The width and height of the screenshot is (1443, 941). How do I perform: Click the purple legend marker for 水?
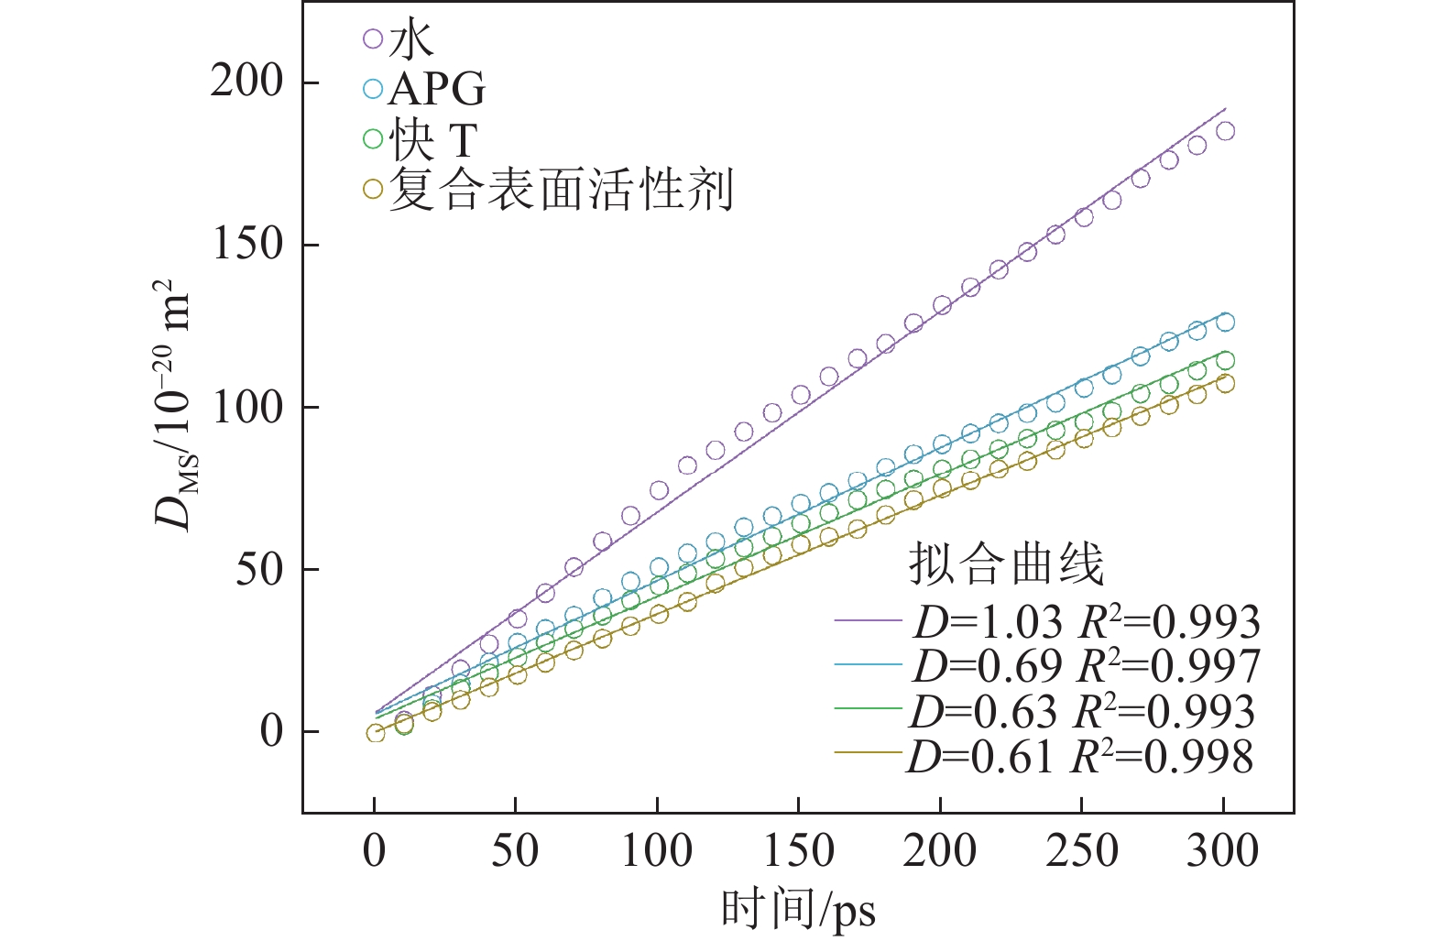(372, 39)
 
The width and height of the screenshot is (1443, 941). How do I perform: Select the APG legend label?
(436, 89)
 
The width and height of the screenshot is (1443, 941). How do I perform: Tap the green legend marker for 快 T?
(372, 139)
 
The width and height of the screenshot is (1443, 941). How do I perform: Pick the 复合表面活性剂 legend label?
(561, 190)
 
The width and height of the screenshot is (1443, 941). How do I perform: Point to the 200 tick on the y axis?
(247, 82)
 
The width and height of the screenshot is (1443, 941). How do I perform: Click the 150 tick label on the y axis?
(247, 245)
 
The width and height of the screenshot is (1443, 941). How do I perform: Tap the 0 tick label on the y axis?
(272, 731)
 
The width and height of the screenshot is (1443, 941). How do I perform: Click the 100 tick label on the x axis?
(657, 852)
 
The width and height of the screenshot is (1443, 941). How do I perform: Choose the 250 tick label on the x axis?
(1082, 852)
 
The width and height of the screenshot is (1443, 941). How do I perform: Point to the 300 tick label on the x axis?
(1223, 852)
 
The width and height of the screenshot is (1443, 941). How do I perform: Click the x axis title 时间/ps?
(798, 911)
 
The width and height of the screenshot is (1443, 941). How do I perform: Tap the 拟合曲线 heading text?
(1006, 564)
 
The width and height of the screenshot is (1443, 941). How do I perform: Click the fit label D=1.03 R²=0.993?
(1087, 622)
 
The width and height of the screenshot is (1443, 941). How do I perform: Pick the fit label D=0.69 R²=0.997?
(1087, 666)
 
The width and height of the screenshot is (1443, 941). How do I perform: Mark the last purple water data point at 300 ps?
(1225, 131)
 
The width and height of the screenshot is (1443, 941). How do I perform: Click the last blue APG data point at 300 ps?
(1225, 322)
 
